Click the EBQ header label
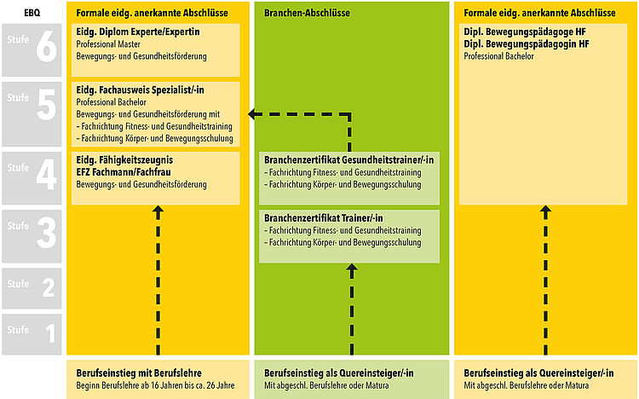tap(32, 13)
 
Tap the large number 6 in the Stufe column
tap(47, 47)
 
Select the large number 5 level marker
tap(47, 105)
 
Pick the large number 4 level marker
tap(47, 175)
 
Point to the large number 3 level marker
tap(47, 233)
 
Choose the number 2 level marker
tap(49, 287)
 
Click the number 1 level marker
tap(50, 332)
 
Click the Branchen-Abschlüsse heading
tap(307, 13)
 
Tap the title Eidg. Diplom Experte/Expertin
tap(138, 32)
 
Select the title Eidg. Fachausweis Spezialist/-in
tap(141, 90)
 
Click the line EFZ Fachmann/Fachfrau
tap(124, 171)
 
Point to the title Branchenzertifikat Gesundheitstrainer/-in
tap(348, 160)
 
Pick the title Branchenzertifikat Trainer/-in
tap(324, 218)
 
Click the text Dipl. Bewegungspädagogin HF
tap(527, 44)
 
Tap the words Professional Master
tap(108, 44)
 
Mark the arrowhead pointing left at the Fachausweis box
tap(252, 114)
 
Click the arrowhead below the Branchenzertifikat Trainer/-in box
tap(352, 268)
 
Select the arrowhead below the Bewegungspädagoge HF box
tap(545, 210)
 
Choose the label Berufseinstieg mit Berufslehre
tap(139, 373)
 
